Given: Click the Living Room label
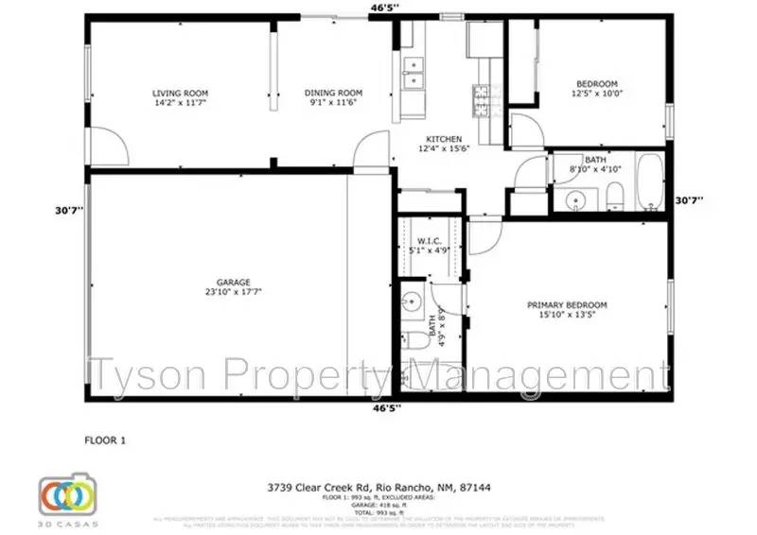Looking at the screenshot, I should tap(180, 93).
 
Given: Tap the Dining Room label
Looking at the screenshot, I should tap(333, 93).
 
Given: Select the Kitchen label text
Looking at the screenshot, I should tap(443, 140).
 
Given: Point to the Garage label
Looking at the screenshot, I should tap(232, 282).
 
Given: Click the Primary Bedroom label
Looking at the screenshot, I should tap(567, 304).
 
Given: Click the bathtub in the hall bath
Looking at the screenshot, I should tap(650, 181).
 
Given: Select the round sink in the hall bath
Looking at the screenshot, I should tap(573, 199).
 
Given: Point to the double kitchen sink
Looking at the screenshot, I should tap(414, 75).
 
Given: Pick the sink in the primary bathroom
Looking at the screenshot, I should tap(411, 303).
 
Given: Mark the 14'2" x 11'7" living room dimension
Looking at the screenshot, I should tap(180, 103).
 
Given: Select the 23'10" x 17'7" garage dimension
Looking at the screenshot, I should tap(232, 292).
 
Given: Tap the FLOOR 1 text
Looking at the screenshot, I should tap(105, 440).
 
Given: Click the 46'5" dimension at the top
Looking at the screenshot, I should tap(384, 8).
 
